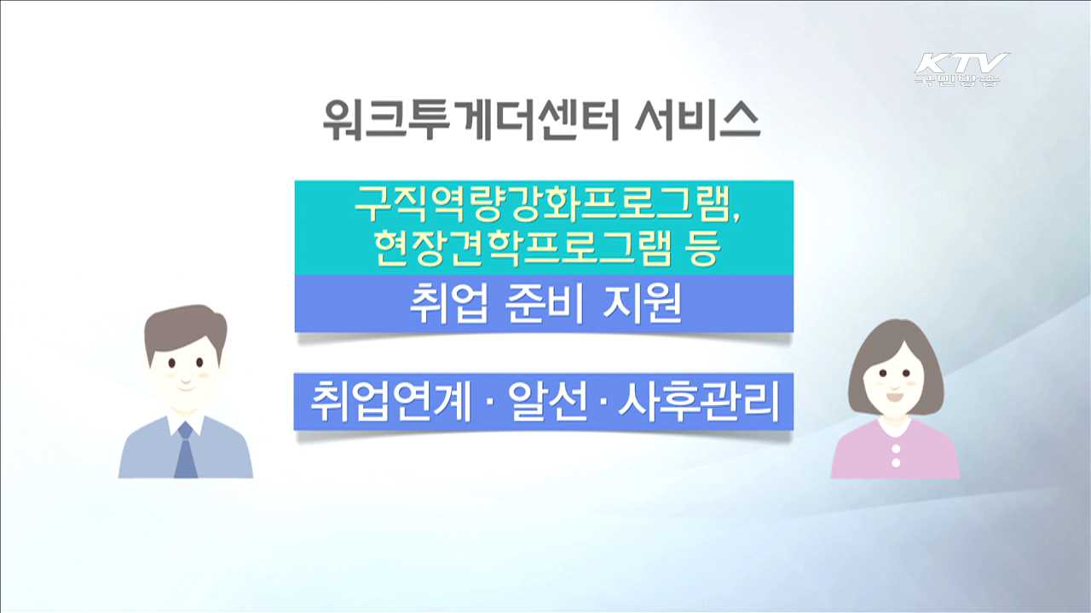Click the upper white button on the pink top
[896, 446]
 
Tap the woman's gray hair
[896, 341]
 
